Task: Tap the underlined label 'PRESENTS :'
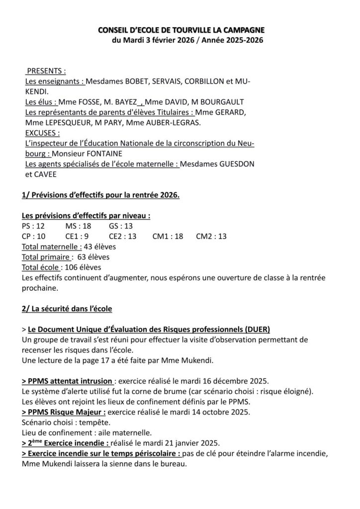pos(46,71)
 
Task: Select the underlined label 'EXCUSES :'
pos(42,133)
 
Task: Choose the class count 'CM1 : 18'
pos(168,237)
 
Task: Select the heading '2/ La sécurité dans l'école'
pos(67,309)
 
